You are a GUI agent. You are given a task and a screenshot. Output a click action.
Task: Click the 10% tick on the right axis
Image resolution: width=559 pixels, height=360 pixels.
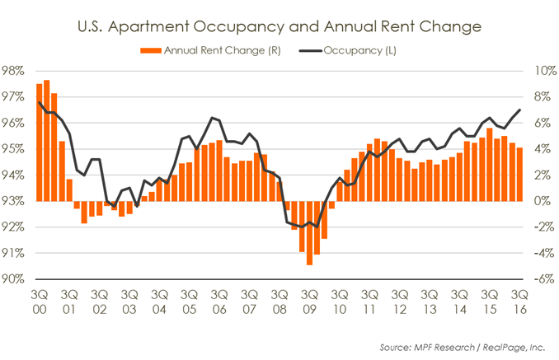540,71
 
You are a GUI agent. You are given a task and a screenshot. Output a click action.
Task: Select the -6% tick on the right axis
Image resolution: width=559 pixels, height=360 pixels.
540,279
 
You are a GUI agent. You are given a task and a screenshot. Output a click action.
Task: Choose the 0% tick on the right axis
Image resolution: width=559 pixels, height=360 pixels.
540,201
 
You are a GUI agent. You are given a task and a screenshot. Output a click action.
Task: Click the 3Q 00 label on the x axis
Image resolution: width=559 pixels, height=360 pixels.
40,300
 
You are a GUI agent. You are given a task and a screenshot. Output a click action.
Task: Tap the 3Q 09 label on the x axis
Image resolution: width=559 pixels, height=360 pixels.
310,300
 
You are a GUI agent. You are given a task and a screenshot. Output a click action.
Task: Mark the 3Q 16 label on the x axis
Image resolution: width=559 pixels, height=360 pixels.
519,300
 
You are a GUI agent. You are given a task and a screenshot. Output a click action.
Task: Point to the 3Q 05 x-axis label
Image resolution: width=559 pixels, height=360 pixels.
190,300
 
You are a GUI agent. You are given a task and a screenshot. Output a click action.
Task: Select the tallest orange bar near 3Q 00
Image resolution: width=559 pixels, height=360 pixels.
47,140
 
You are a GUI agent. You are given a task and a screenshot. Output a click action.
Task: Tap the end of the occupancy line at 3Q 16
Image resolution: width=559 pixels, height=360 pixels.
519,110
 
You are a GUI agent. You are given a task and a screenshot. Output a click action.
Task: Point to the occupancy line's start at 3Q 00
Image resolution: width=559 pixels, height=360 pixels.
40,102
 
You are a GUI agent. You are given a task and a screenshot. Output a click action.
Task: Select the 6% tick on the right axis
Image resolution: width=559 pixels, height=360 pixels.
540,123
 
